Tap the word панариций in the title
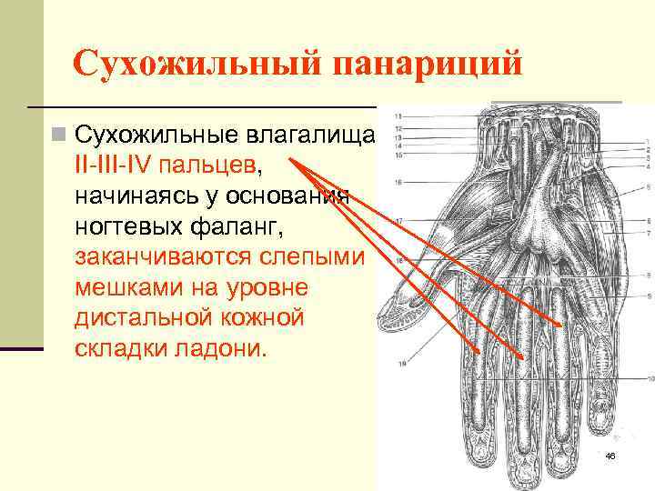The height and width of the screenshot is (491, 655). coord(428,65)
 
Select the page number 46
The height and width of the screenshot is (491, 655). coord(610,456)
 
